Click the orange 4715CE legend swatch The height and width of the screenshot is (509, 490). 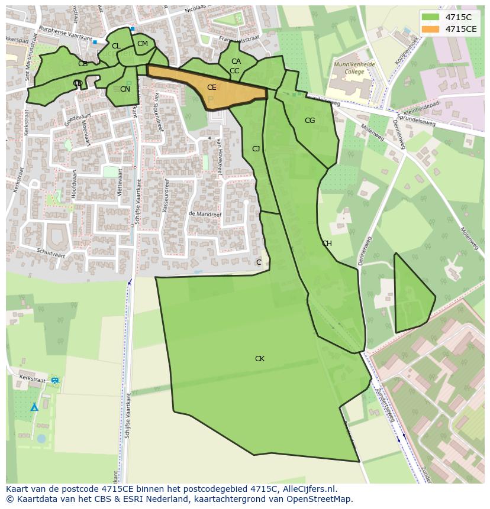(431, 29)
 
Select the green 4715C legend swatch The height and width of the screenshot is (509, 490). (431, 17)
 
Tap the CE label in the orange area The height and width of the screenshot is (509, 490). (211, 87)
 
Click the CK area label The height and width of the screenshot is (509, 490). (259, 359)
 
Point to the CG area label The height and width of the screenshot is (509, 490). (310, 121)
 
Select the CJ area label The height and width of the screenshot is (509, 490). (256, 149)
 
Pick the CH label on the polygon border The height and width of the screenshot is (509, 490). (327, 244)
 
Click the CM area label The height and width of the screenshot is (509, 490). (142, 44)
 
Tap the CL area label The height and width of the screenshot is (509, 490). (116, 46)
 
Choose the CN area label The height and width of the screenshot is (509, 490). (125, 89)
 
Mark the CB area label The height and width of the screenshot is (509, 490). (83, 64)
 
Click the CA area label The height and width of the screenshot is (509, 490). (236, 61)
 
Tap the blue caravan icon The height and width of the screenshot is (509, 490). (55, 380)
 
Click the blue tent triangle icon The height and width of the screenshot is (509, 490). (34, 407)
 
